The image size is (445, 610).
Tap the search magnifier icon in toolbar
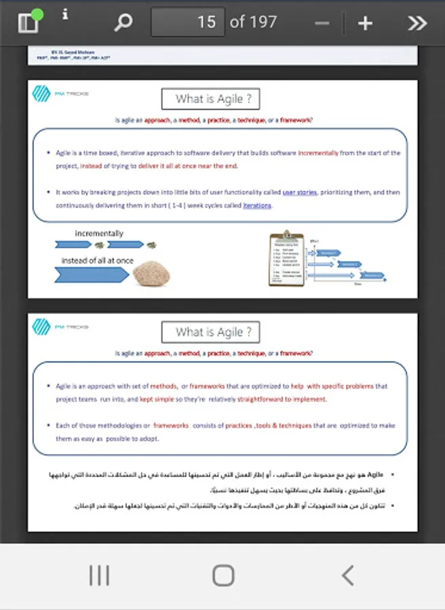[x=123, y=23]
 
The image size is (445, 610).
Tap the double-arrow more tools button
[x=417, y=23]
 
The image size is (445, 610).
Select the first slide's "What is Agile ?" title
[x=210, y=99]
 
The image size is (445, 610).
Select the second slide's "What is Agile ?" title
[x=210, y=332]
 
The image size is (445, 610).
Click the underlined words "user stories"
[x=299, y=192]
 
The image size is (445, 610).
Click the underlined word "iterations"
[x=257, y=205]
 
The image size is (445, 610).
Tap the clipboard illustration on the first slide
[x=286, y=258]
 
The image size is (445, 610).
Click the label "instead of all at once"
[x=98, y=260]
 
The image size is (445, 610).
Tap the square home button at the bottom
[x=223, y=575]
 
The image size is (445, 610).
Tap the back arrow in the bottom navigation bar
[x=347, y=575]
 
